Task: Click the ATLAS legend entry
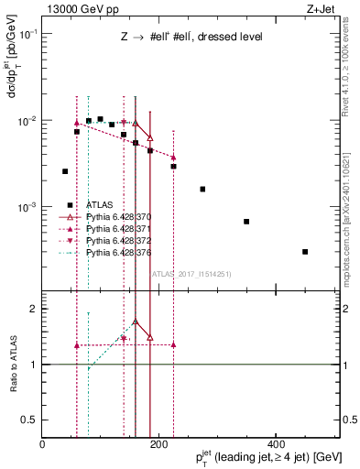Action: coord(100,205)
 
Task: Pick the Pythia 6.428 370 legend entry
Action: coord(118,217)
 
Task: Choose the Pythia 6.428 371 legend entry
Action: coord(118,228)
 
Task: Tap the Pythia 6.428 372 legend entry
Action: coord(118,240)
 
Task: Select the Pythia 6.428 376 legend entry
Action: coord(118,251)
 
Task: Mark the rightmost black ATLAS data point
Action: coord(305,251)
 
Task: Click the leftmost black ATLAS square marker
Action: coord(65,171)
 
